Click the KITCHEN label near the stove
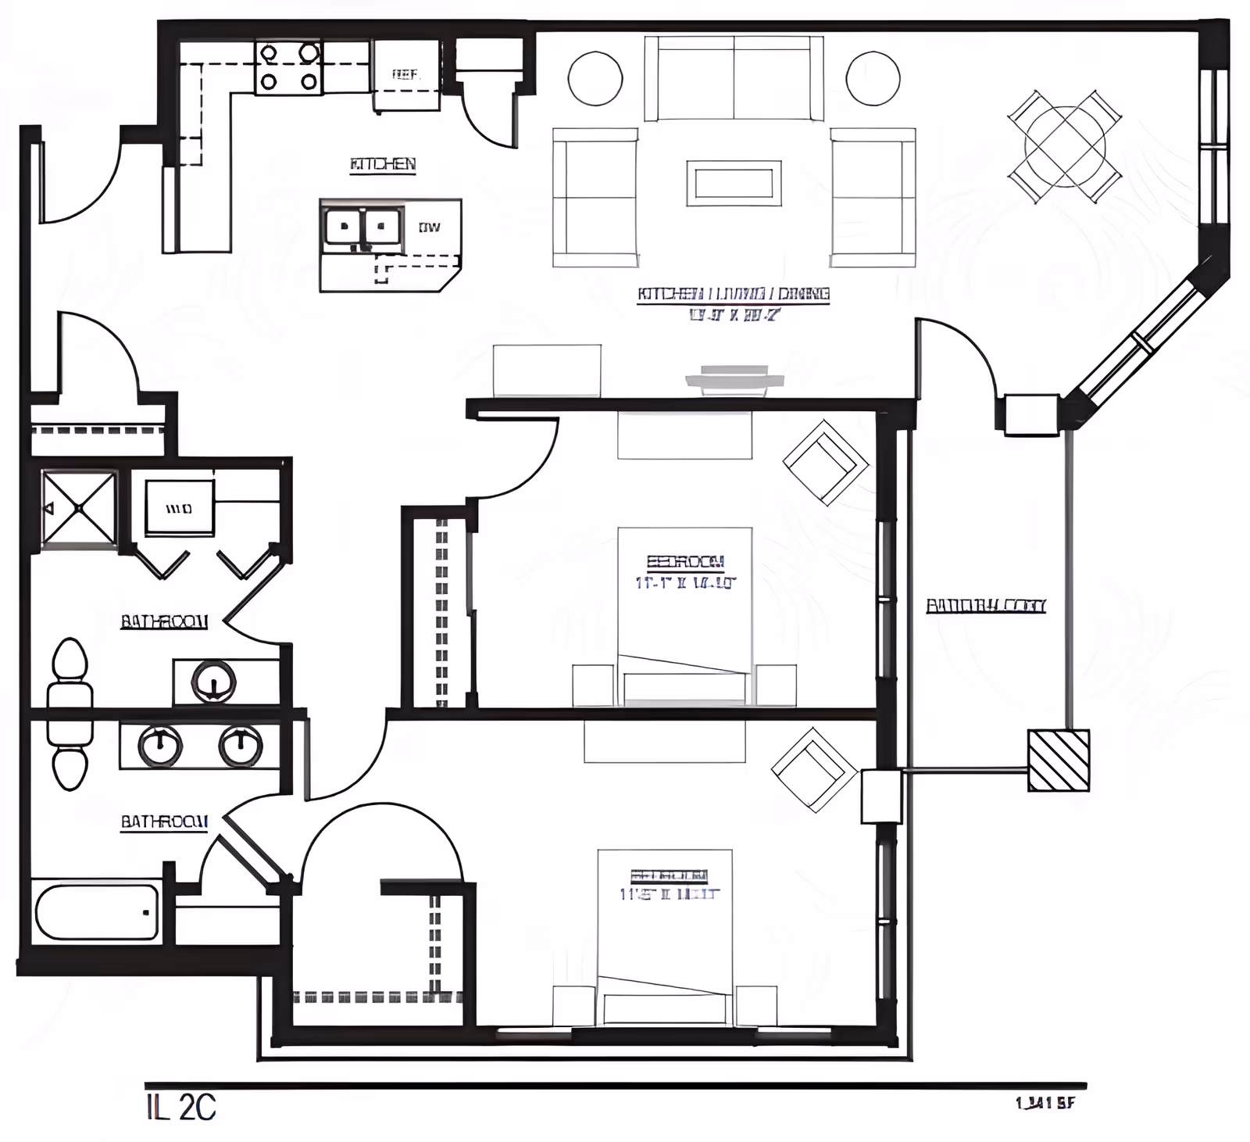382,164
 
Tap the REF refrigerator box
405,75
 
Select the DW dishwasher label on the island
429,227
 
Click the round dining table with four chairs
1064,146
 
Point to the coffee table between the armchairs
734,184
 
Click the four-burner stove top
288,68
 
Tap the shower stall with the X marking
79,507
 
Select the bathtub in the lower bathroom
97,911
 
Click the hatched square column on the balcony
1058,761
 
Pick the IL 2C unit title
180,1108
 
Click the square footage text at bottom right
1045,1103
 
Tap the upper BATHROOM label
164,621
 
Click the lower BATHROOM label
164,822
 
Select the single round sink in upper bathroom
213,682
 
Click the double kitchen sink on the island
362,228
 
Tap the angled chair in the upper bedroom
825,463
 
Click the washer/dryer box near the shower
180,508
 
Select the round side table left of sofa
595,78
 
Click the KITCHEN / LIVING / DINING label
733,295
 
